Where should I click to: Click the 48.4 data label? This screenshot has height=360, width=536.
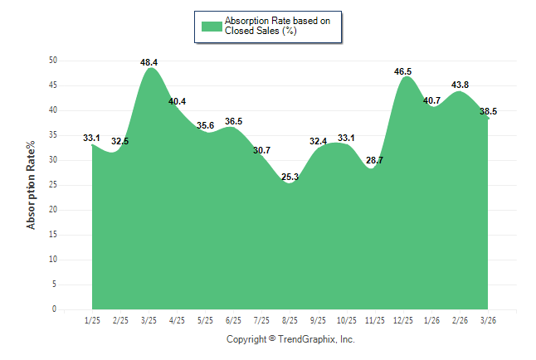pyautogui.click(x=149, y=62)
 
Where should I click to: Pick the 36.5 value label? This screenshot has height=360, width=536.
pyautogui.click(x=233, y=122)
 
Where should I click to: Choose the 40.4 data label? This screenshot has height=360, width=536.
pyautogui.click(x=177, y=102)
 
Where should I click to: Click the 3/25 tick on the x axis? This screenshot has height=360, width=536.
pyautogui.click(x=149, y=319)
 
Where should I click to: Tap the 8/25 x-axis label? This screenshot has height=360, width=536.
pyautogui.click(x=290, y=319)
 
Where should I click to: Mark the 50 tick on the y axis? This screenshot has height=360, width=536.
pyautogui.click(x=52, y=61)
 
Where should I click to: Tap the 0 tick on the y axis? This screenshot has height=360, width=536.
pyautogui.click(x=55, y=309)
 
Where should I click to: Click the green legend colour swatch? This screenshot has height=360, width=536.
pyautogui.click(x=211, y=26)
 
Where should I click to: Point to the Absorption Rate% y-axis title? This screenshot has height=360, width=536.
pyautogui.click(x=32, y=185)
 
